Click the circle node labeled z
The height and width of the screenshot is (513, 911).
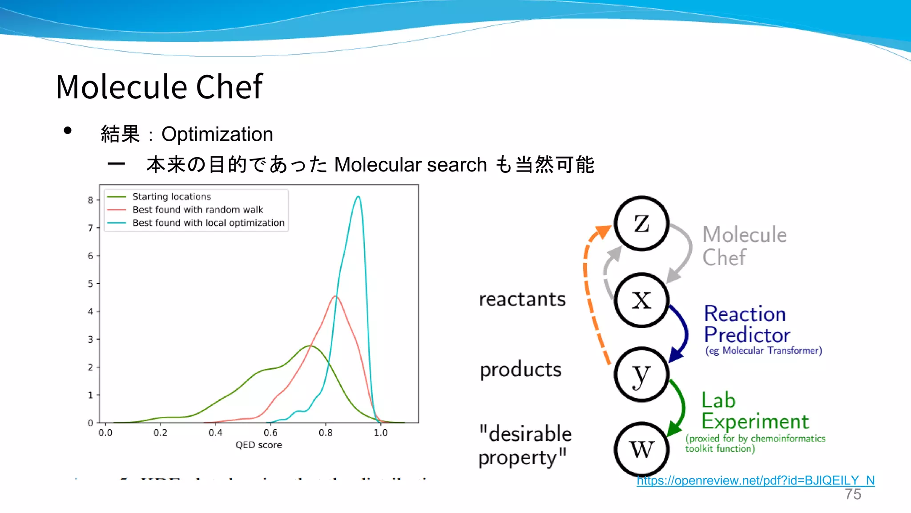click(641, 223)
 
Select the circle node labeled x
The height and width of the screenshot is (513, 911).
click(641, 300)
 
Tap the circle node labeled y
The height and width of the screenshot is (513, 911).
click(641, 375)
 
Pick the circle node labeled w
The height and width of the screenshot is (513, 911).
click(641, 449)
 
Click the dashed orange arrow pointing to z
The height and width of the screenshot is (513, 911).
click(589, 294)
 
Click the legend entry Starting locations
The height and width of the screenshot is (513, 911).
click(172, 196)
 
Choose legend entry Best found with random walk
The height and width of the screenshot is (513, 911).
click(198, 209)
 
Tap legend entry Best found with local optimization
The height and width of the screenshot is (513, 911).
click(208, 223)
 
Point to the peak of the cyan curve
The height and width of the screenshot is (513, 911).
click(358, 196)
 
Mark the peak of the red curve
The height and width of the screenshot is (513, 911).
click(336, 297)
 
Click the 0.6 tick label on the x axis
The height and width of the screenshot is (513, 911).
click(270, 433)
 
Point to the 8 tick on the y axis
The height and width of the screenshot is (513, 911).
click(91, 200)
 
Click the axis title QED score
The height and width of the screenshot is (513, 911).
click(258, 445)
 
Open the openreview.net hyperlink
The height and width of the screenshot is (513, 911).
click(755, 480)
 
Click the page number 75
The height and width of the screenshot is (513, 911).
click(853, 494)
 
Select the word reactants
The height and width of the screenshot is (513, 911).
click(522, 299)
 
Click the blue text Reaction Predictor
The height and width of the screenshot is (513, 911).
click(746, 324)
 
